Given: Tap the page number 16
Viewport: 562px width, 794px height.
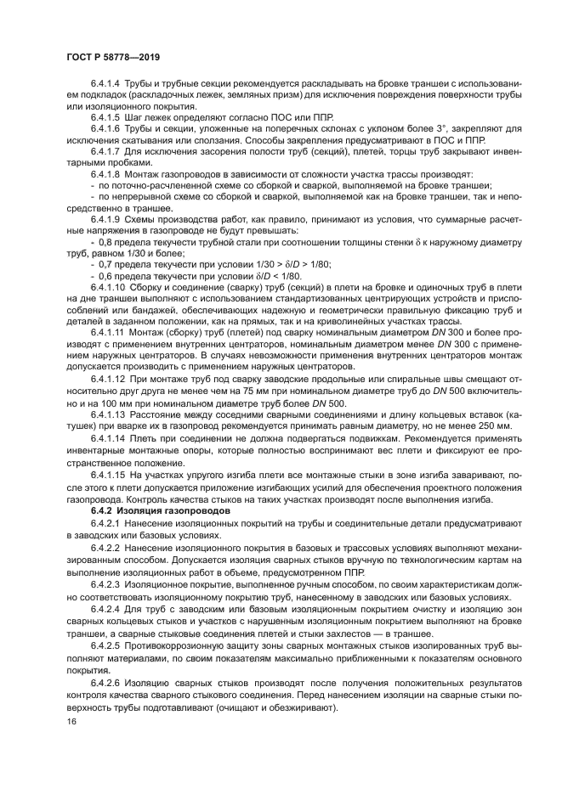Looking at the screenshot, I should click(x=71, y=721).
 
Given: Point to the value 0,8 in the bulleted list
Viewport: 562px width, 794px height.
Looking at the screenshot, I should click(x=108, y=244).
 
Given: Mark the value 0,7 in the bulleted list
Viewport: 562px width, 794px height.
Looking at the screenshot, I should click(x=108, y=264).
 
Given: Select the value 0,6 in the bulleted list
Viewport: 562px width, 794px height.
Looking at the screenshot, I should click(x=108, y=275).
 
